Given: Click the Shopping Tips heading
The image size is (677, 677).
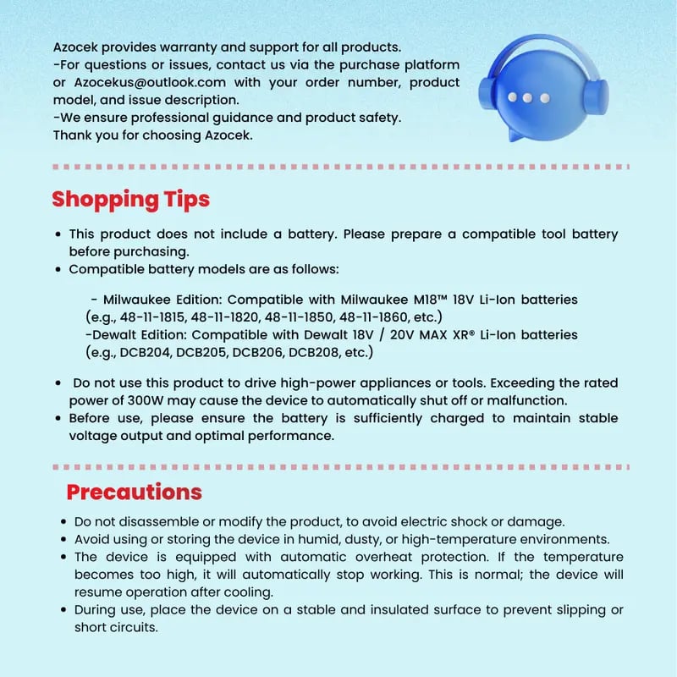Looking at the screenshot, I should [130, 200].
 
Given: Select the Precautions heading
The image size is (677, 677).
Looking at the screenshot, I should [134, 492].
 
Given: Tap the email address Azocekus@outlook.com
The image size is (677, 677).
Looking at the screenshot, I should [148, 82].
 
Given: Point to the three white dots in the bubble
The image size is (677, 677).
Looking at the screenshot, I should [526, 98].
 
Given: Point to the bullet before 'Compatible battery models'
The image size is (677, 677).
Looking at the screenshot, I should [58, 269].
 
